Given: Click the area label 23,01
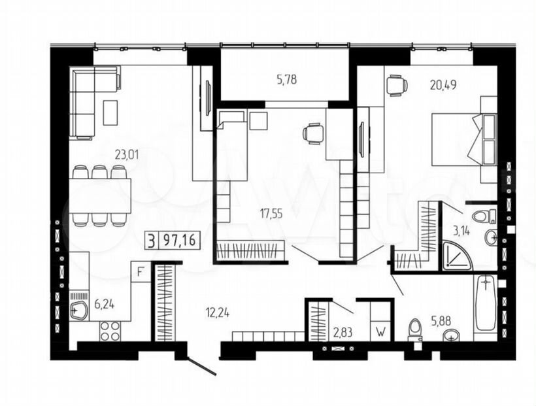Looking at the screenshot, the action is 126,156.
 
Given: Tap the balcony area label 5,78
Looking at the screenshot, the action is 286,80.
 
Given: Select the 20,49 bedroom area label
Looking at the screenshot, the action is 443,84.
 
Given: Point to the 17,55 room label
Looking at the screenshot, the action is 271,214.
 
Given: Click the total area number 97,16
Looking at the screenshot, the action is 179,240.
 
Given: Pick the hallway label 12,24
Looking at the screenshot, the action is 218,313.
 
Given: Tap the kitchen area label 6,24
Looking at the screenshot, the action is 105,304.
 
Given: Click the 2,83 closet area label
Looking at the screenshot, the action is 343,331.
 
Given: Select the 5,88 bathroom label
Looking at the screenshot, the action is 441,321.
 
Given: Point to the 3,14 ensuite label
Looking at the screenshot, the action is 461,231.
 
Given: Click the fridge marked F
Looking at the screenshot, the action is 140,272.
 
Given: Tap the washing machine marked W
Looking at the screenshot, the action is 381,331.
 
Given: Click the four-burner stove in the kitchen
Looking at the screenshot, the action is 110,331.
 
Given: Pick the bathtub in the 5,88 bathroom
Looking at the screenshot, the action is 486,304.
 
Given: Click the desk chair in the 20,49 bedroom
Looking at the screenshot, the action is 397,84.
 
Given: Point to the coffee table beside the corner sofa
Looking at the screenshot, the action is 110,112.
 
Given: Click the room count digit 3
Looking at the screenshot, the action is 152,240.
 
